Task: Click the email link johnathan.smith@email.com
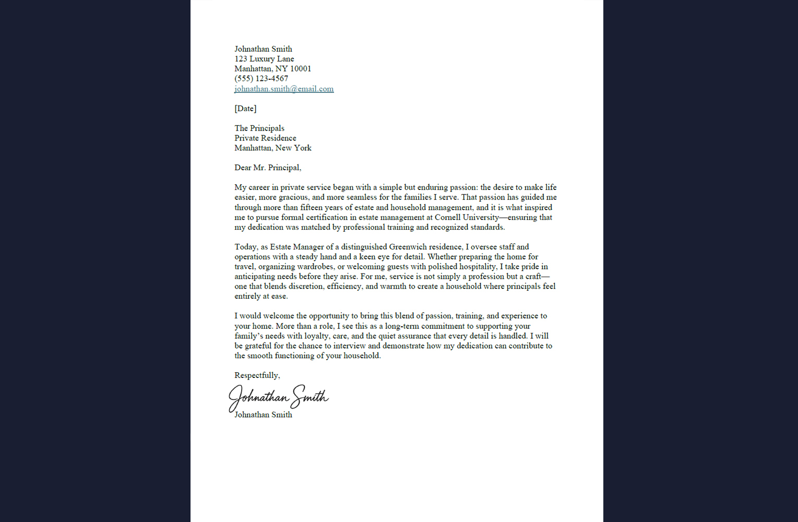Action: point(284,89)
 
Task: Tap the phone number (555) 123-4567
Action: point(261,79)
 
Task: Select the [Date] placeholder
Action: point(245,109)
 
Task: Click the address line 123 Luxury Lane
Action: point(264,59)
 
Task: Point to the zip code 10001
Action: point(301,69)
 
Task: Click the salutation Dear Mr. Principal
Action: point(267,168)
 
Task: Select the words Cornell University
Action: point(467,218)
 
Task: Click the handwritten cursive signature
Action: point(278,398)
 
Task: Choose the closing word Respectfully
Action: point(256,375)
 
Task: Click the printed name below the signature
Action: point(263,415)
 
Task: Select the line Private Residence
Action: point(265,138)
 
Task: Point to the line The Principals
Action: point(259,128)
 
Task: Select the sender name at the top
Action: point(263,49)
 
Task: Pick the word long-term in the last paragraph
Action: point(402,326)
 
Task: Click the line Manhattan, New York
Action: point(273,148)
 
